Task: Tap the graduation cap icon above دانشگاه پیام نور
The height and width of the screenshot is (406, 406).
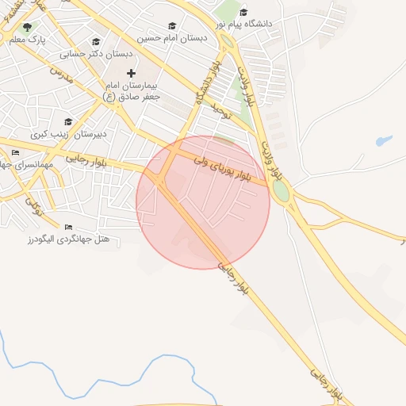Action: [244, 12]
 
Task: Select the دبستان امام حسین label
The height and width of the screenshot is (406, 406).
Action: [172, 37]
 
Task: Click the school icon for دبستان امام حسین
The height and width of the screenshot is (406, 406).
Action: [172, 26]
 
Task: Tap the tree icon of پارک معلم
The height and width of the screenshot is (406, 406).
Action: [28, 27]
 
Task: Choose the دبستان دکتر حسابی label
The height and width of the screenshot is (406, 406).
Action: [96, 55]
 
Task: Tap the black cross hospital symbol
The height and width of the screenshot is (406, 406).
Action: [132, 73]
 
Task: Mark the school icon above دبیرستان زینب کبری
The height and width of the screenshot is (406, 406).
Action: [68, 122]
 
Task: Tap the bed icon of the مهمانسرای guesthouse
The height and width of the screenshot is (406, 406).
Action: [15, 152]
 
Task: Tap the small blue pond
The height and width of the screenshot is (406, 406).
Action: [384, 141]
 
